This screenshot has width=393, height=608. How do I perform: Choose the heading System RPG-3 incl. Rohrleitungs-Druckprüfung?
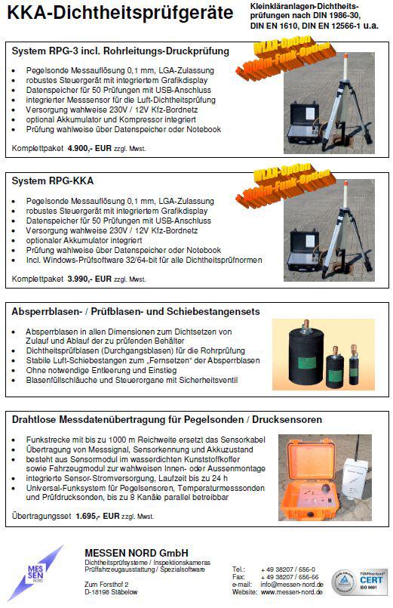click(x=121, y=51)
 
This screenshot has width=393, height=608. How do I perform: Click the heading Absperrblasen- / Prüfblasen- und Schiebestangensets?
click(x=136, y=311)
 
